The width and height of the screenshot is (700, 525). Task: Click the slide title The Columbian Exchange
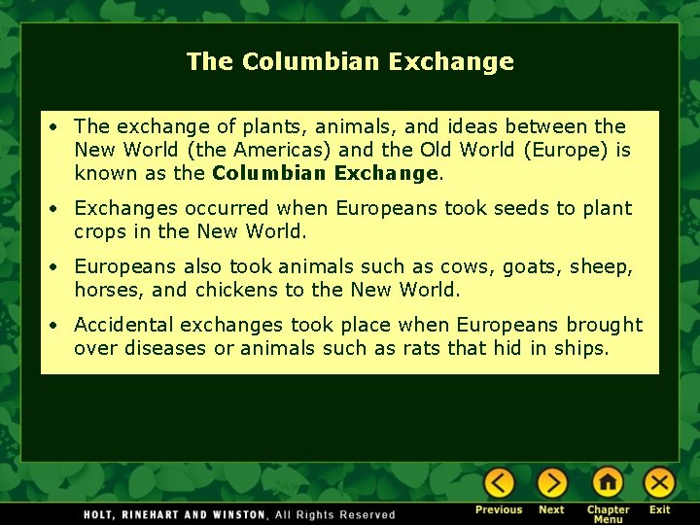coord(350,61)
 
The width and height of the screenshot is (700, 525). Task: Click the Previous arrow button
coord(500,483)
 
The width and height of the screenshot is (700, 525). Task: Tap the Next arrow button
coord(551,483)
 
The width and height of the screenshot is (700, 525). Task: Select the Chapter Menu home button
coord(608,483)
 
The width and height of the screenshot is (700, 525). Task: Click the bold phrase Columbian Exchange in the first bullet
coord(325,174)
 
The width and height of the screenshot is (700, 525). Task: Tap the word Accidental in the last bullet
coord(122,325)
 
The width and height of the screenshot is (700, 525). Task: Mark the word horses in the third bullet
coord(104,291)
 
